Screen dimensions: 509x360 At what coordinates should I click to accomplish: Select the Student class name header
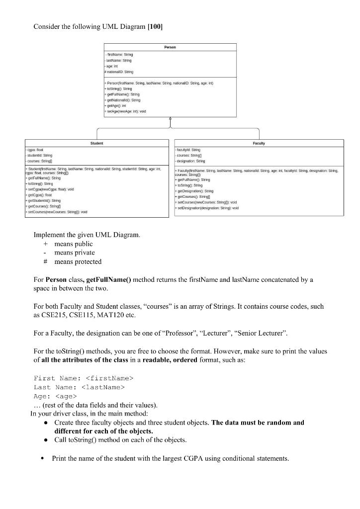[x=96, y=143]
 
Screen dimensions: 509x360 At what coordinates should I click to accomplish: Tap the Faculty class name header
[x=259, y=143]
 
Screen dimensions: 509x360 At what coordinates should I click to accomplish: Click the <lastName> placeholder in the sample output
[x=99, y=387]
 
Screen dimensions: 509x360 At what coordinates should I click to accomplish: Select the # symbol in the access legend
[x=46, y=261]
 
